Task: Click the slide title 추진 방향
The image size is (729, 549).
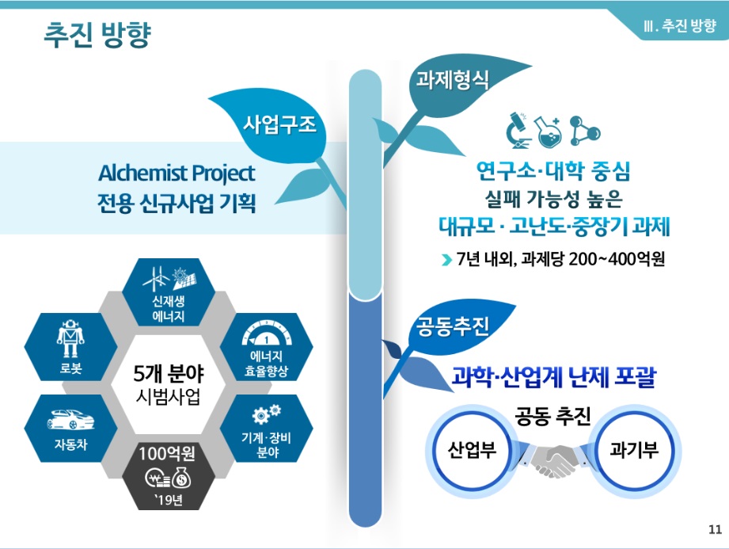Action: click(97, 34)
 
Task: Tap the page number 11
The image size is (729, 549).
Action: click(715, 529)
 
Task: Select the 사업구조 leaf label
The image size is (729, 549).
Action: click(280, 124)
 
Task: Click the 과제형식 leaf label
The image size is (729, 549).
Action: click(452, 79)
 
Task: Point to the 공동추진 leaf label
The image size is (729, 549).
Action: click(452, 326)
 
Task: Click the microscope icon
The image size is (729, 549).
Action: click(519, 130)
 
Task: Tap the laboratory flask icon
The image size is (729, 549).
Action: click(549, 132)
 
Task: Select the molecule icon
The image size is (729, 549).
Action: click(585, 131)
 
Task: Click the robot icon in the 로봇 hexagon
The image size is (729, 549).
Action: click(70, 337)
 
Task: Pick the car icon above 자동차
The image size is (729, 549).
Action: click(70, 419)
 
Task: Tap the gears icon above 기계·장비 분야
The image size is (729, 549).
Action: click(267, 414)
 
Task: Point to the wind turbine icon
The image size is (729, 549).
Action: click(156, 278)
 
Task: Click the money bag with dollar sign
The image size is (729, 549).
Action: click(181, 478)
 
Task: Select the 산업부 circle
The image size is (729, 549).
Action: click(472, 450)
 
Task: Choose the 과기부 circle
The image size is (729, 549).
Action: click(634, 450)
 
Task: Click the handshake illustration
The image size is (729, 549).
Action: click(552, 459)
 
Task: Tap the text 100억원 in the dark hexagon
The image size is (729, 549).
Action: click(167, 453)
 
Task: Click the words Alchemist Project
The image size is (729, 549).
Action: click(177, 173)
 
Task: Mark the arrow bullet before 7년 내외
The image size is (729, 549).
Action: click(446, 260)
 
